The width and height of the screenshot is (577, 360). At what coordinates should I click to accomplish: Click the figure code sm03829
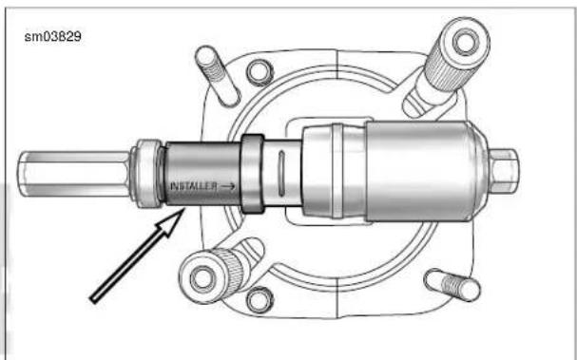(53, 37)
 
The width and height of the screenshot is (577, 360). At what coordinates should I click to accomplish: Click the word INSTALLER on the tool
(194, 186)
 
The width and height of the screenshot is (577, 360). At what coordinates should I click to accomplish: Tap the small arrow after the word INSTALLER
(228, 186)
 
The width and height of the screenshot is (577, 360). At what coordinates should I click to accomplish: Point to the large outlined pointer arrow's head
(171, 221)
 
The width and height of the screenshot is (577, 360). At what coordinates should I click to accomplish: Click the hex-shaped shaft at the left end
(74, 174)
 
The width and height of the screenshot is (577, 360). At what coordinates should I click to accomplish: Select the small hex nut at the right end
(504, 171)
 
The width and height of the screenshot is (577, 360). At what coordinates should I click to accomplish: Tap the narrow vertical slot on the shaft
(281, 174)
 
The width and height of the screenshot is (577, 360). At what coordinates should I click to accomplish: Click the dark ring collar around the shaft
(252, 174)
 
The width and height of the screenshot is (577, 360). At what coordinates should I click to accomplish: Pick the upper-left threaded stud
(218, 76)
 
